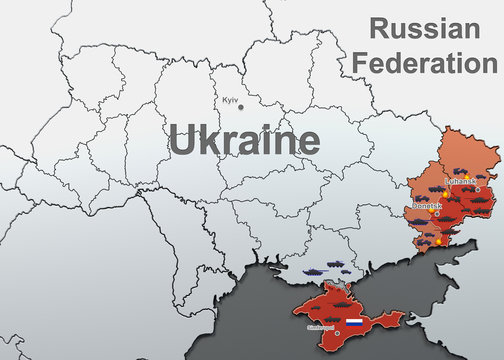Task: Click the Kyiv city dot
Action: [x=240, y=107]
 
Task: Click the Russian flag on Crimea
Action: [x=354, y=323]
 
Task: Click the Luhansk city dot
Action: [x=478, y=188]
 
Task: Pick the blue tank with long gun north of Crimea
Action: [x=312, y=269]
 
